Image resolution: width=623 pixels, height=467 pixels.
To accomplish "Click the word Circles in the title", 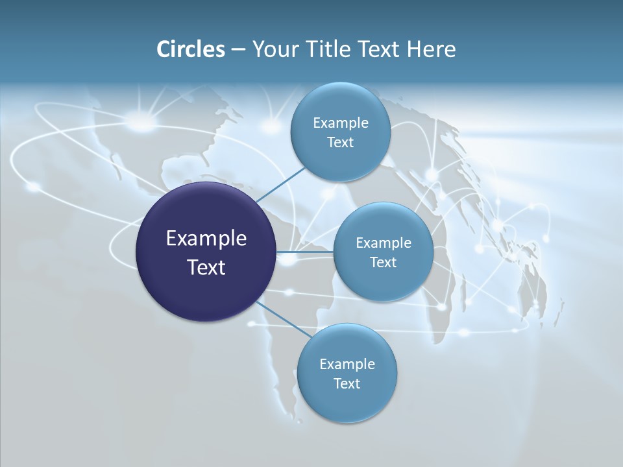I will pyautogui.click(x=190, y=49).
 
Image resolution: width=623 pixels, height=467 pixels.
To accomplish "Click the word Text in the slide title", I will pyautogui.click(x=380, y=49).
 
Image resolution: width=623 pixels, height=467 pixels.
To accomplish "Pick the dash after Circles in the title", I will pyautogui.click(x=238, y=50).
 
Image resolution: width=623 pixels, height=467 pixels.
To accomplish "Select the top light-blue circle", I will pyautogui.click(x=340, y=132).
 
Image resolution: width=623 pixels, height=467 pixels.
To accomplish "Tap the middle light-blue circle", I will pyautogui.click(x=383, y=252).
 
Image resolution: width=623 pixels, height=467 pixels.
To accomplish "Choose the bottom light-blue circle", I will pyautogui.click(x=347, y=373).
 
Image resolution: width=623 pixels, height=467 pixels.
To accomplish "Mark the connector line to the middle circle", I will pyautogui.click(x=305, y=252).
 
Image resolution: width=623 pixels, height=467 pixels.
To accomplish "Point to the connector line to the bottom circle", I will pyautogui.click(x=284, y=319).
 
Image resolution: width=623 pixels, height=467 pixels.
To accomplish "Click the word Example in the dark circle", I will pyautogui.click(x=206, y=238).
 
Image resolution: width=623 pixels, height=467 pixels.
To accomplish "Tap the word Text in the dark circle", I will pyautogui.click(x=206, y=267).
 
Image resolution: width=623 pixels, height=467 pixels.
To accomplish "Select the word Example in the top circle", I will pyautogui.click(x=340, y=123).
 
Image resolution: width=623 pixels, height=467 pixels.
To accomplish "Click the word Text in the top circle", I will pyautogui.click(x=340, y=142).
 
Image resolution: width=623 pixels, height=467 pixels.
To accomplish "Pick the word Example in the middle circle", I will pyautogui.click(x=383, y=243).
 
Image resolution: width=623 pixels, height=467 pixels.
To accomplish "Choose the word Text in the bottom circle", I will pyautogui.click(x=347, y=383).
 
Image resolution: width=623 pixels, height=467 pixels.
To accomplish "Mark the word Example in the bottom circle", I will pyautogui.click(x=347, y=364).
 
